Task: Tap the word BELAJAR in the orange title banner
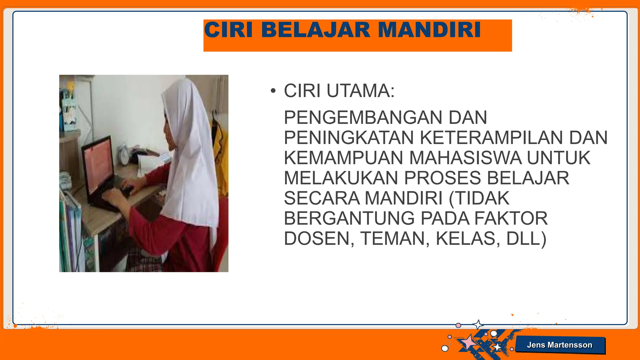pos(319,30)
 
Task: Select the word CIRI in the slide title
pos(228,30)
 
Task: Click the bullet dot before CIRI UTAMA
pos(273,91)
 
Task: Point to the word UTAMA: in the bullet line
pos(361,91)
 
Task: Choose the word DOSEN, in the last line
pos(319,239)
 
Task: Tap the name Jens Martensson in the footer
pos(559,345)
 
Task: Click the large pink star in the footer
pos(469,342)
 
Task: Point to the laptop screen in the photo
pos(99,166)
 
